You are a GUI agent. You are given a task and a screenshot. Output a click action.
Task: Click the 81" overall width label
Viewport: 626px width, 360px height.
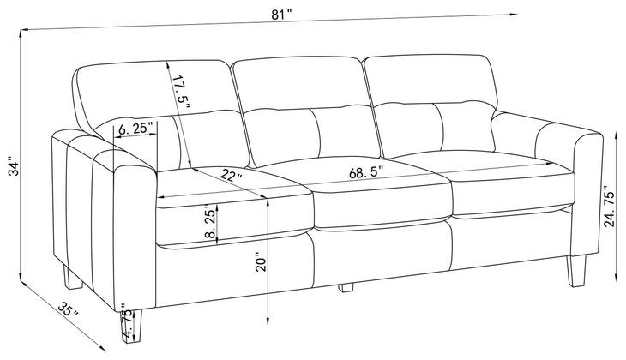(282, 15)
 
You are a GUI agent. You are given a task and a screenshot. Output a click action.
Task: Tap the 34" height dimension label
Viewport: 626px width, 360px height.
(15, 168)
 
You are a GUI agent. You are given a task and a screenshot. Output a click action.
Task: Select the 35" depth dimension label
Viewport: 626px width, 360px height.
(68, 309)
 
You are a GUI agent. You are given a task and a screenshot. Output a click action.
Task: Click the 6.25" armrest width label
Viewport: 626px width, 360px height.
(135, 129)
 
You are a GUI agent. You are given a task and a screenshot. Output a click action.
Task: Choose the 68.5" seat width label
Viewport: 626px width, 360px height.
(366, 173)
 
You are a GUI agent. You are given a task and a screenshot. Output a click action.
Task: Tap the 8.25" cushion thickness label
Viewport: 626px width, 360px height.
(210, 221)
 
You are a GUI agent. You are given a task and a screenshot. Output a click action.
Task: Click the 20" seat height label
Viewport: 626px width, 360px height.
(261, 261)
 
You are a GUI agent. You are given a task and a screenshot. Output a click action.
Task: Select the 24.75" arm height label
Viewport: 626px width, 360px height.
(609, 206)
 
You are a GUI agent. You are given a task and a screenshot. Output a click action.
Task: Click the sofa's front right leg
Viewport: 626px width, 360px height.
(577, 271)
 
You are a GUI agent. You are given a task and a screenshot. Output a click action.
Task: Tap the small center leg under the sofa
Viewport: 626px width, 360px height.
(346, 287)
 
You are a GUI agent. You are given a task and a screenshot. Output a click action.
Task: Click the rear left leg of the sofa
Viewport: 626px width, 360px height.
(72, 277)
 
